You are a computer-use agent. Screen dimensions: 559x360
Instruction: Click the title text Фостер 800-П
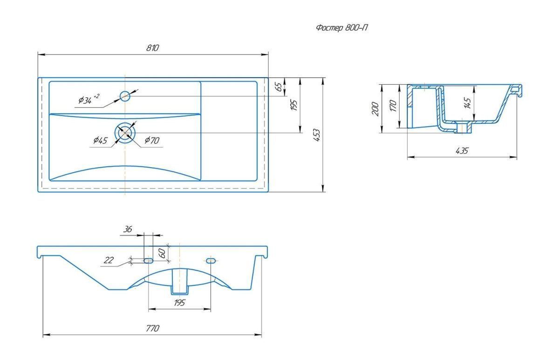tap(341, 27)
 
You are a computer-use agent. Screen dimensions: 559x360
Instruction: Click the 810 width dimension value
tap(152, 48)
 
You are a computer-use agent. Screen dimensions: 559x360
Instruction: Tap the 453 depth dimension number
tap(316, 135)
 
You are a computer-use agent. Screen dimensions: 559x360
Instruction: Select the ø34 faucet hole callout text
tap(89, 100)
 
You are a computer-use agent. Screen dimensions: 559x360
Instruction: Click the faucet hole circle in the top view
tap(125, 96)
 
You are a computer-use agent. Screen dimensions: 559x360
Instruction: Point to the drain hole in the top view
tap(125, 133)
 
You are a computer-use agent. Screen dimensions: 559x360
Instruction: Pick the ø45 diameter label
tap(100, 141)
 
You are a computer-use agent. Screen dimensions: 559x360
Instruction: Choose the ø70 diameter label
tap(152, 141)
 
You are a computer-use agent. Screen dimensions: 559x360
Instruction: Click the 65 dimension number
tap(279, 86)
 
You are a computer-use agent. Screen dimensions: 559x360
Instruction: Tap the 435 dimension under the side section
tap(462, 151)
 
